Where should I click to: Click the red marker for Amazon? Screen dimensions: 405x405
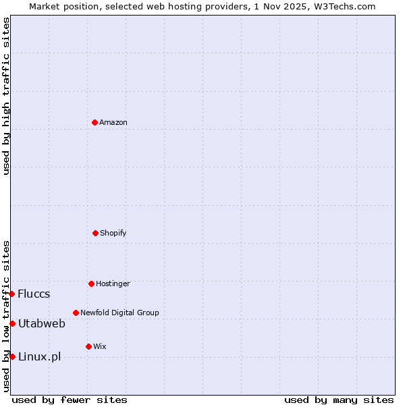tap(94, 122)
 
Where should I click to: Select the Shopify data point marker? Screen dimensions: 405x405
tap(95, 233)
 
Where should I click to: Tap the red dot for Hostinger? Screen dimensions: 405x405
tap(91, 283)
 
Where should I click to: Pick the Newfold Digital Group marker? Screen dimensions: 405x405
tap(76, 313)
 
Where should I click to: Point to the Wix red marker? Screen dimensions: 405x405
tap(88, 346)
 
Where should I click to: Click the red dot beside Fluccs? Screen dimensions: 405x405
tap(12, 294)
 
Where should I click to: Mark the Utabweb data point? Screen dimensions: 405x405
tap(12, 323)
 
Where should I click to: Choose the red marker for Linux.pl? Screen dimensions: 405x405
tap(12, 356)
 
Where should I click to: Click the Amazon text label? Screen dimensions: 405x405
tap(113, 122)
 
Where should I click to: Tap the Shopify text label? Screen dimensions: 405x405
tap(113, 233)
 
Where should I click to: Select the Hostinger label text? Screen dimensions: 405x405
tap(113, 283)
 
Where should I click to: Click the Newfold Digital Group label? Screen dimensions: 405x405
tap(119, 313)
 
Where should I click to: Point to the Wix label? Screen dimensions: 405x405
tap(100, 346)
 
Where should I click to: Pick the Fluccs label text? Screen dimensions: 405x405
tap(34, 294)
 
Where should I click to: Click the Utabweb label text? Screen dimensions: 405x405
tap(42, 323)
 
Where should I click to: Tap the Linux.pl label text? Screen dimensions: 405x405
tap(39, 356)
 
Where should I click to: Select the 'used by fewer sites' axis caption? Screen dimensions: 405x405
tap(70, 400)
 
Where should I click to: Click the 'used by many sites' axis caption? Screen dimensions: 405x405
tap(339, 400)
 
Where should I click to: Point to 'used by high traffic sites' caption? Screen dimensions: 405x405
tap(6, 96)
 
